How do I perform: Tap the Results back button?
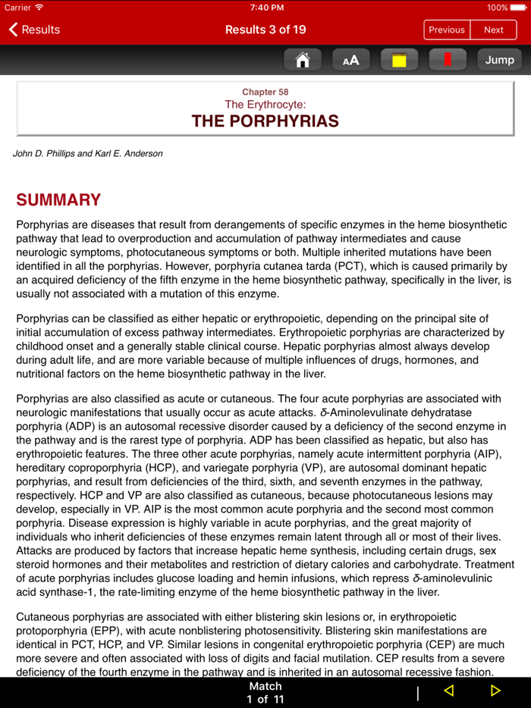pyautogui.click(x=34, y=30)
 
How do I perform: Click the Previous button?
pyautogui.click(x=446, y=30)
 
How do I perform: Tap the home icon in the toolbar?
pyautogui.click(x=302, y=60)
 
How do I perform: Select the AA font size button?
pyautogui.click(x=350, y=60)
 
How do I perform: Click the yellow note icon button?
pyautogui.click(x=399, y=60)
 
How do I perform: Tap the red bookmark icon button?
pyautogui.click(x=448, y=60)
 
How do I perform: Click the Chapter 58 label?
pyautogui.click(x=265, y=92)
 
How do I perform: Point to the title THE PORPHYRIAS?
pyautogui.click(x=265, y=121)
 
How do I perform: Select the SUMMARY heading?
pyautogui.click(x=58, y=200)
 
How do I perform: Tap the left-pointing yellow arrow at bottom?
pyautogui.click(x=448, y=691)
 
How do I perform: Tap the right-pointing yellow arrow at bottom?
pyautogui.click(x=495, y=691)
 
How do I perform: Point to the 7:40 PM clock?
pyautogui.click(x=266, y=8)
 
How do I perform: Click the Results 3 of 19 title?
pyautogui.click(x=265, y=30)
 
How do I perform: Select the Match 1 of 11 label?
pyautogui.click(x=265, y=692)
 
